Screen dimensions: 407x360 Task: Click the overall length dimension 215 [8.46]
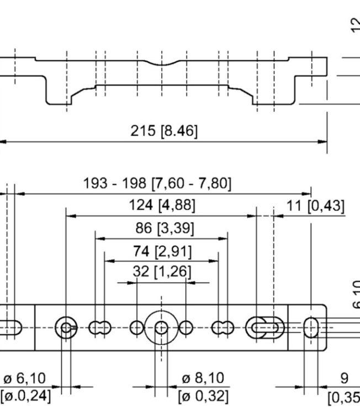(x=163, y=131)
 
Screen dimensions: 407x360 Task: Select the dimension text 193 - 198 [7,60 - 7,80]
(x=157, y=184)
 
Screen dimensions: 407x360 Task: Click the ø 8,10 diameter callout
(x=203, y=378)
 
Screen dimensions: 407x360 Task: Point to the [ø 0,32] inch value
(x=203, y=395)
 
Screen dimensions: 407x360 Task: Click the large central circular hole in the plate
(x=161, y=328)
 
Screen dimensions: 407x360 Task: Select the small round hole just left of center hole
(x=136, y=328)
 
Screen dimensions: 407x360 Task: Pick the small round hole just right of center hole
(x=186, y=328)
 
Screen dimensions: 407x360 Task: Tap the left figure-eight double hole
(x=99, y=328)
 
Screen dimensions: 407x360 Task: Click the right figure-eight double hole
(x=223, y=328)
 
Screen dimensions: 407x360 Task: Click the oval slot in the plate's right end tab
(x=311, y=328)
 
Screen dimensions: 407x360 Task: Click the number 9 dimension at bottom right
(x=344, y=379)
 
